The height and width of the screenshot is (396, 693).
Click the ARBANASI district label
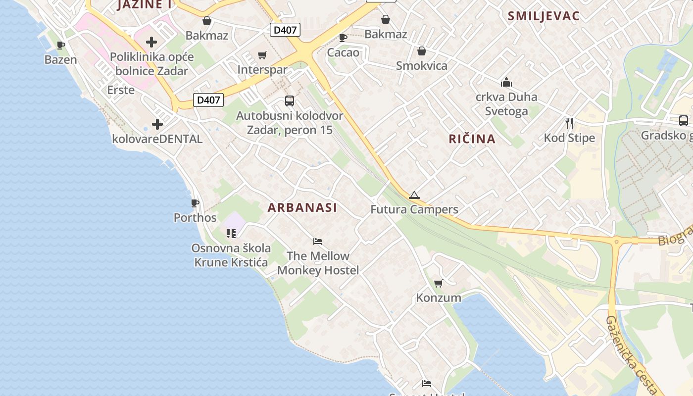coord(302,207)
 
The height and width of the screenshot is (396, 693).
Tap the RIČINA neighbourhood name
coord(472,139)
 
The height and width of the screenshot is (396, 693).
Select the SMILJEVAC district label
coord(543,16)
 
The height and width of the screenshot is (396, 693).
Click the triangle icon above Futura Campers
coord(414,195)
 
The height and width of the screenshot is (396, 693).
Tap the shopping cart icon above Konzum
coord(438,284)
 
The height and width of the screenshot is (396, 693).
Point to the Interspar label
coord(262,69)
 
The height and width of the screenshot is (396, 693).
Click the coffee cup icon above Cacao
coord(343,38)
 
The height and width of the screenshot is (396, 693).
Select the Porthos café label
coord(195,217)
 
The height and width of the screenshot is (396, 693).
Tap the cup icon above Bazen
coord(61,46)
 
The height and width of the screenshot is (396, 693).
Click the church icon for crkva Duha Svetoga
coord(506,82)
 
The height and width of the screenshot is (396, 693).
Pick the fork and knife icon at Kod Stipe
coord(569,123)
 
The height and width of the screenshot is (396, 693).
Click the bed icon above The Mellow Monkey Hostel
coord(318,242)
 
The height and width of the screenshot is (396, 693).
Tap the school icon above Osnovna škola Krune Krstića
coord(231,233)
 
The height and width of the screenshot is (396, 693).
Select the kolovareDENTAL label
coord(157,139)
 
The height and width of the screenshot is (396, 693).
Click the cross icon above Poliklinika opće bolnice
coord(151,42)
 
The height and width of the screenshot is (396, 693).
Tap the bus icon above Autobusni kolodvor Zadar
coord(290,101)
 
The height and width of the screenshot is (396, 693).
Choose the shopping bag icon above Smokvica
coord(422,51)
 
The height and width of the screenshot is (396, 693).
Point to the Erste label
coord(121,90)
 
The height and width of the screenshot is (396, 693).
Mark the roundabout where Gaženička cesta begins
coord(616,242)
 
